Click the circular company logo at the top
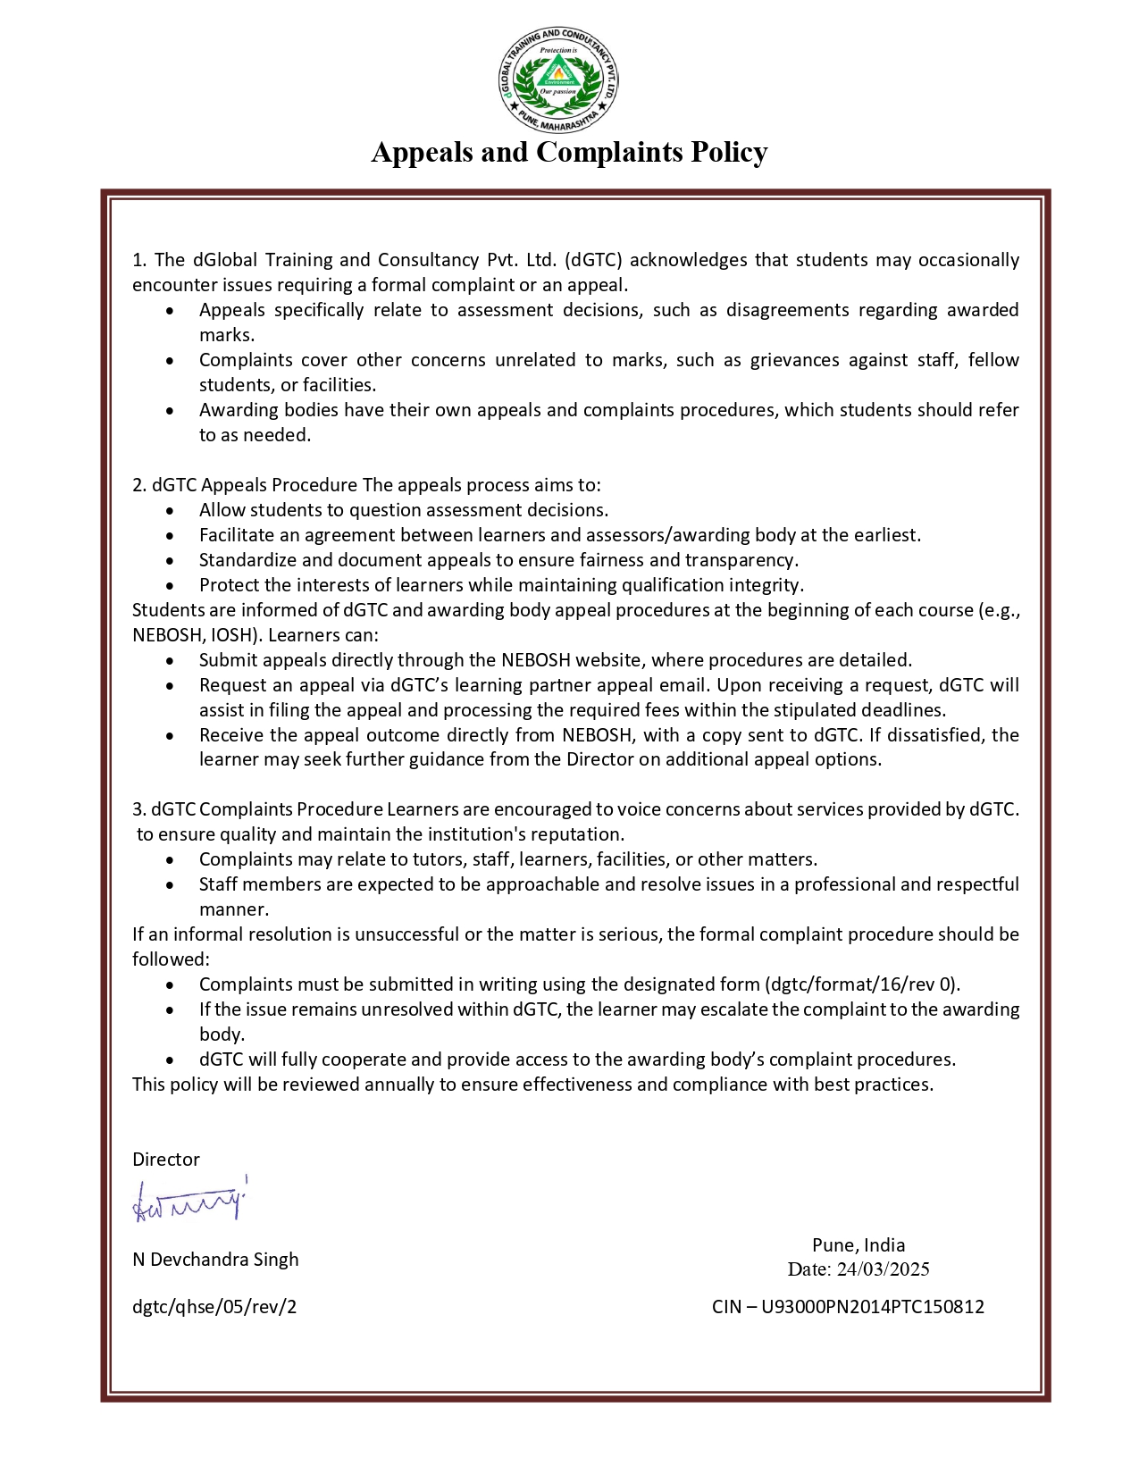(x=558, y=80)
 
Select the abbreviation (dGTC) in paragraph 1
(x=593, y=260)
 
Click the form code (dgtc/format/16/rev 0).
(x=862, y=984)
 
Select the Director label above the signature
(x=166, y=1160)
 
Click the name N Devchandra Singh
(x=215, y=1260)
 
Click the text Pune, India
(x=858, y=1245)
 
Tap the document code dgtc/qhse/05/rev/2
(x=214, y=1307)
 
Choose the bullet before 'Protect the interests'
(x=172, y=586)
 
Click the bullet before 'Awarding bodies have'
(x=172, y=411)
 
